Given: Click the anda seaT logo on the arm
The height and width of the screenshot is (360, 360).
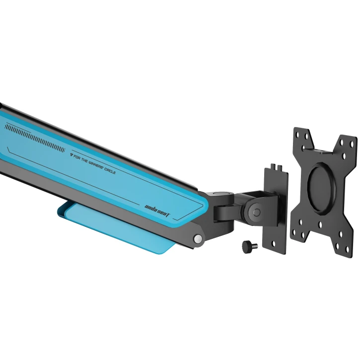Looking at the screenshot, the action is point(157,211).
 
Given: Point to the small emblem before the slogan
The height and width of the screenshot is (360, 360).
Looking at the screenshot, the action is point(71,155).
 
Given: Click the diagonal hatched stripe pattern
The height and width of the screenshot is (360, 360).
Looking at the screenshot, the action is point(35,138).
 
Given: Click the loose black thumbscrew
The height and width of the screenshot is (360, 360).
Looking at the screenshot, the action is point(250,247).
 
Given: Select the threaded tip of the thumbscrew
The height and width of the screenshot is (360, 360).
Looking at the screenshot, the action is point(255,246).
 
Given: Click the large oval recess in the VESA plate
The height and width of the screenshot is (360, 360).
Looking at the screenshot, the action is point(322,189).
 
